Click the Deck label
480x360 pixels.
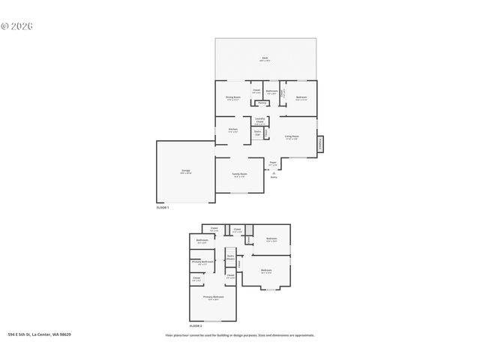click(265, 58)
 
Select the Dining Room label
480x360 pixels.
click(233, 97)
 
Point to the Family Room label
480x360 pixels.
click(239, 174)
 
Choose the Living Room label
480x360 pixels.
click(292, 136)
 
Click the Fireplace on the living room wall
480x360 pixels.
click(320, 144)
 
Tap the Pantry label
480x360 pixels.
click(262, 103)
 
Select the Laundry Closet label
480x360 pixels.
click(259, 120)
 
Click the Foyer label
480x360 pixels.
click(273, 162)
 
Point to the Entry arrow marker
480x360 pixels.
click(274, 173)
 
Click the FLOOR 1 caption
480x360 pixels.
click(163, 206)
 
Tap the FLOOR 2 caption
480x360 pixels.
click(196, 326)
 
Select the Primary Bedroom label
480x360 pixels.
click(214, 298)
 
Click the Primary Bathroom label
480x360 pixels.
click(202, 262)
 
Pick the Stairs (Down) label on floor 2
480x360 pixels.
click(231, 257)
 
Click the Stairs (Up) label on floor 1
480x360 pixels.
click(257, 133)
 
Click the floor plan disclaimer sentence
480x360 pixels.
click(240, 335)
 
